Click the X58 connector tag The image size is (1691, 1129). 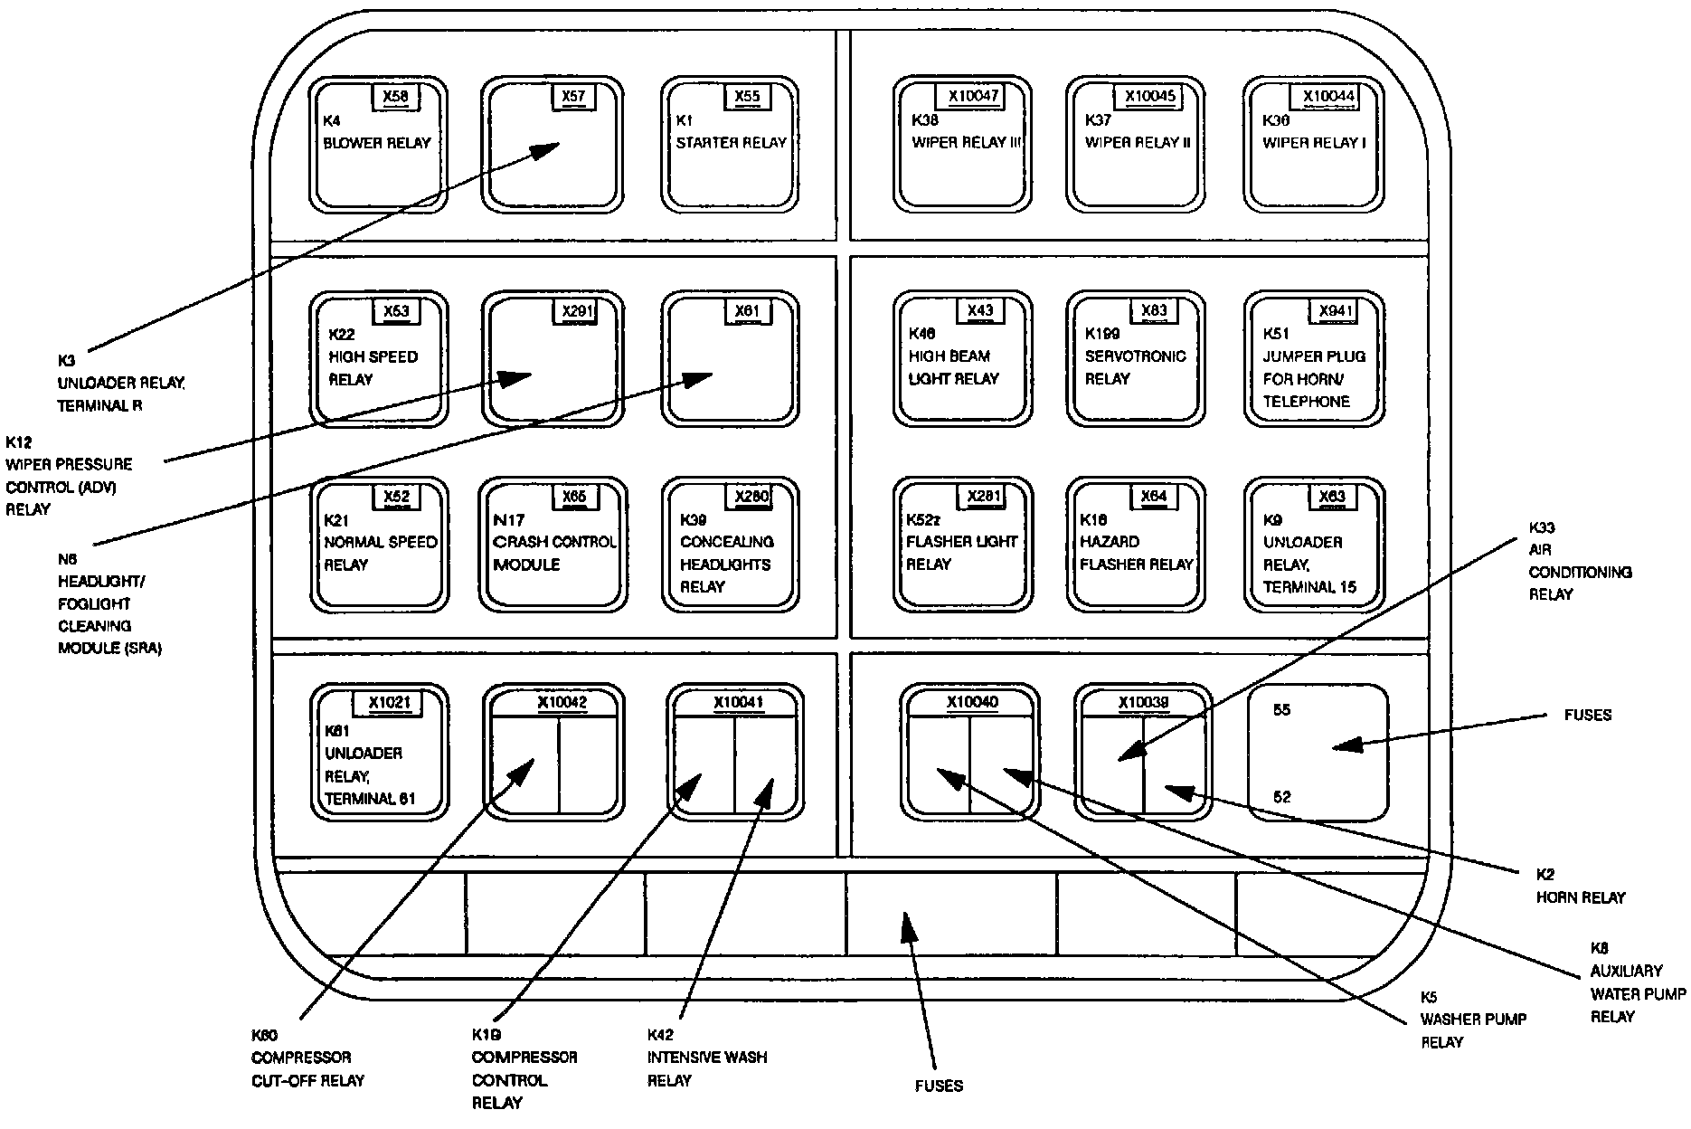pos(395,97)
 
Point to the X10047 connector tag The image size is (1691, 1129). pos(973,97)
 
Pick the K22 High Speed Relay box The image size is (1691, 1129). pos(378,362)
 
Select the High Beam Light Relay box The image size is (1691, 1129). pos(962,362)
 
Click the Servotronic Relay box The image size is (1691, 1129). pos(1136,362)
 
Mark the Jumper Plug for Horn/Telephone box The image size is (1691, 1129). pos(1313,362)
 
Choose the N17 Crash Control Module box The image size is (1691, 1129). pos(553,547)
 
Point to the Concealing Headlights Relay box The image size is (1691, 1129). pos(730,547)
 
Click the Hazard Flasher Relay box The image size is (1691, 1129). pos(1136,547)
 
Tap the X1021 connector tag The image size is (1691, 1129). pos(389,703)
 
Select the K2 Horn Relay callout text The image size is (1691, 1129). pos(1580,887)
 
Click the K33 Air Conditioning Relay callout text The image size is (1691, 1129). pos(1579,561)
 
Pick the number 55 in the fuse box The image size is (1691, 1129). pos(1281,710)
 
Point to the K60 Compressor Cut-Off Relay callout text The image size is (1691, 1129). pos(307,1058)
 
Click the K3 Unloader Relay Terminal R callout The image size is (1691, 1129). pos(120,384)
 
